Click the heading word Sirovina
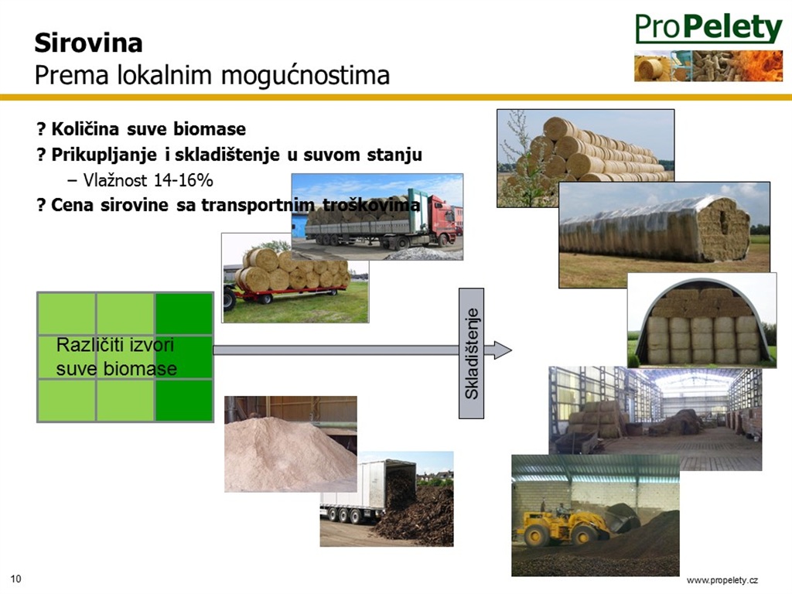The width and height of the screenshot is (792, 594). click(88, 43)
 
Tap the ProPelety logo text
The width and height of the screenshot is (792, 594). click(708, 28)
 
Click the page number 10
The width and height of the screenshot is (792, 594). click(16, 579)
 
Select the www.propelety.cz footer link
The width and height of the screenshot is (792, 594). click(722, 580)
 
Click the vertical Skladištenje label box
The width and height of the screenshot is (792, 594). click(471, 353)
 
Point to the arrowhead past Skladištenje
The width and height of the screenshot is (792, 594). click(502, 350)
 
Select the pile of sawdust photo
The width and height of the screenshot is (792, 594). click(291, 444)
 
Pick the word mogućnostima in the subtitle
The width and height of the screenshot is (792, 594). click(306, 75)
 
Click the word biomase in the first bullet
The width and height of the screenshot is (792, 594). click(210, 129)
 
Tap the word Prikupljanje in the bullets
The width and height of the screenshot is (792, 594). click(104, 155)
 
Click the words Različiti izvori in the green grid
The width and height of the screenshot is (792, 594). click(114, 345)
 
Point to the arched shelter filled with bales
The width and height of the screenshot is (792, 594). click(702, 321)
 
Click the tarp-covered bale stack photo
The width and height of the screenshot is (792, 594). click(664, 235)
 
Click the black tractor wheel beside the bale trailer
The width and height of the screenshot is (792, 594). click(229, 299)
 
